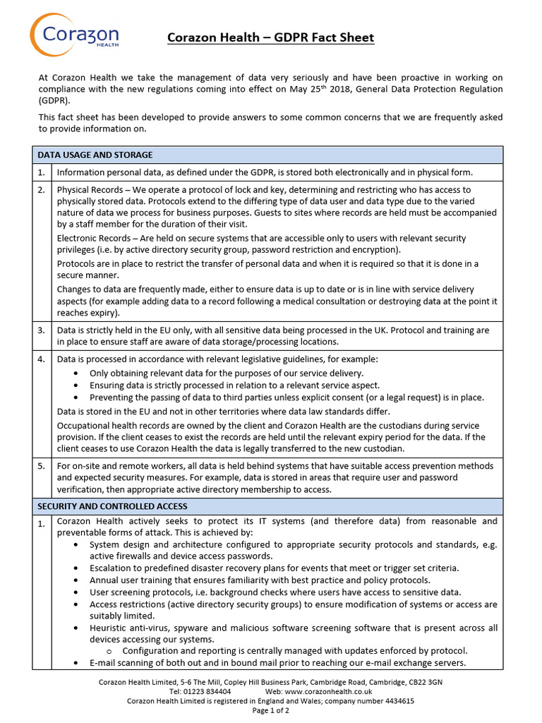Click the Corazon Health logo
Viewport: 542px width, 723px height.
coord(74,35)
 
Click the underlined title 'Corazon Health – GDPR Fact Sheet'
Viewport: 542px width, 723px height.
coord(270,37)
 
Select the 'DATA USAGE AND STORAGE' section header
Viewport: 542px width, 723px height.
coord(95,155)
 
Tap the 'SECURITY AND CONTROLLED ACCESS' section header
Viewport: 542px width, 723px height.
coord(113,506)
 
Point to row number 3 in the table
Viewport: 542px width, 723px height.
coord(42,330)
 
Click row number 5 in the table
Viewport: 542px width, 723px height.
coord(42,466)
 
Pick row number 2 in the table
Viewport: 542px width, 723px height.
coord(42,190)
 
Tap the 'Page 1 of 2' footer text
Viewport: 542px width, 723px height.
coord(270,710)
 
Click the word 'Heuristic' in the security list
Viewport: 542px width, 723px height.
coord(110,628)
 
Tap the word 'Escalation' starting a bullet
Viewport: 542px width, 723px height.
coord(112,568)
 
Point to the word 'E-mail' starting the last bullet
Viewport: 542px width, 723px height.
coord(103,663)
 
